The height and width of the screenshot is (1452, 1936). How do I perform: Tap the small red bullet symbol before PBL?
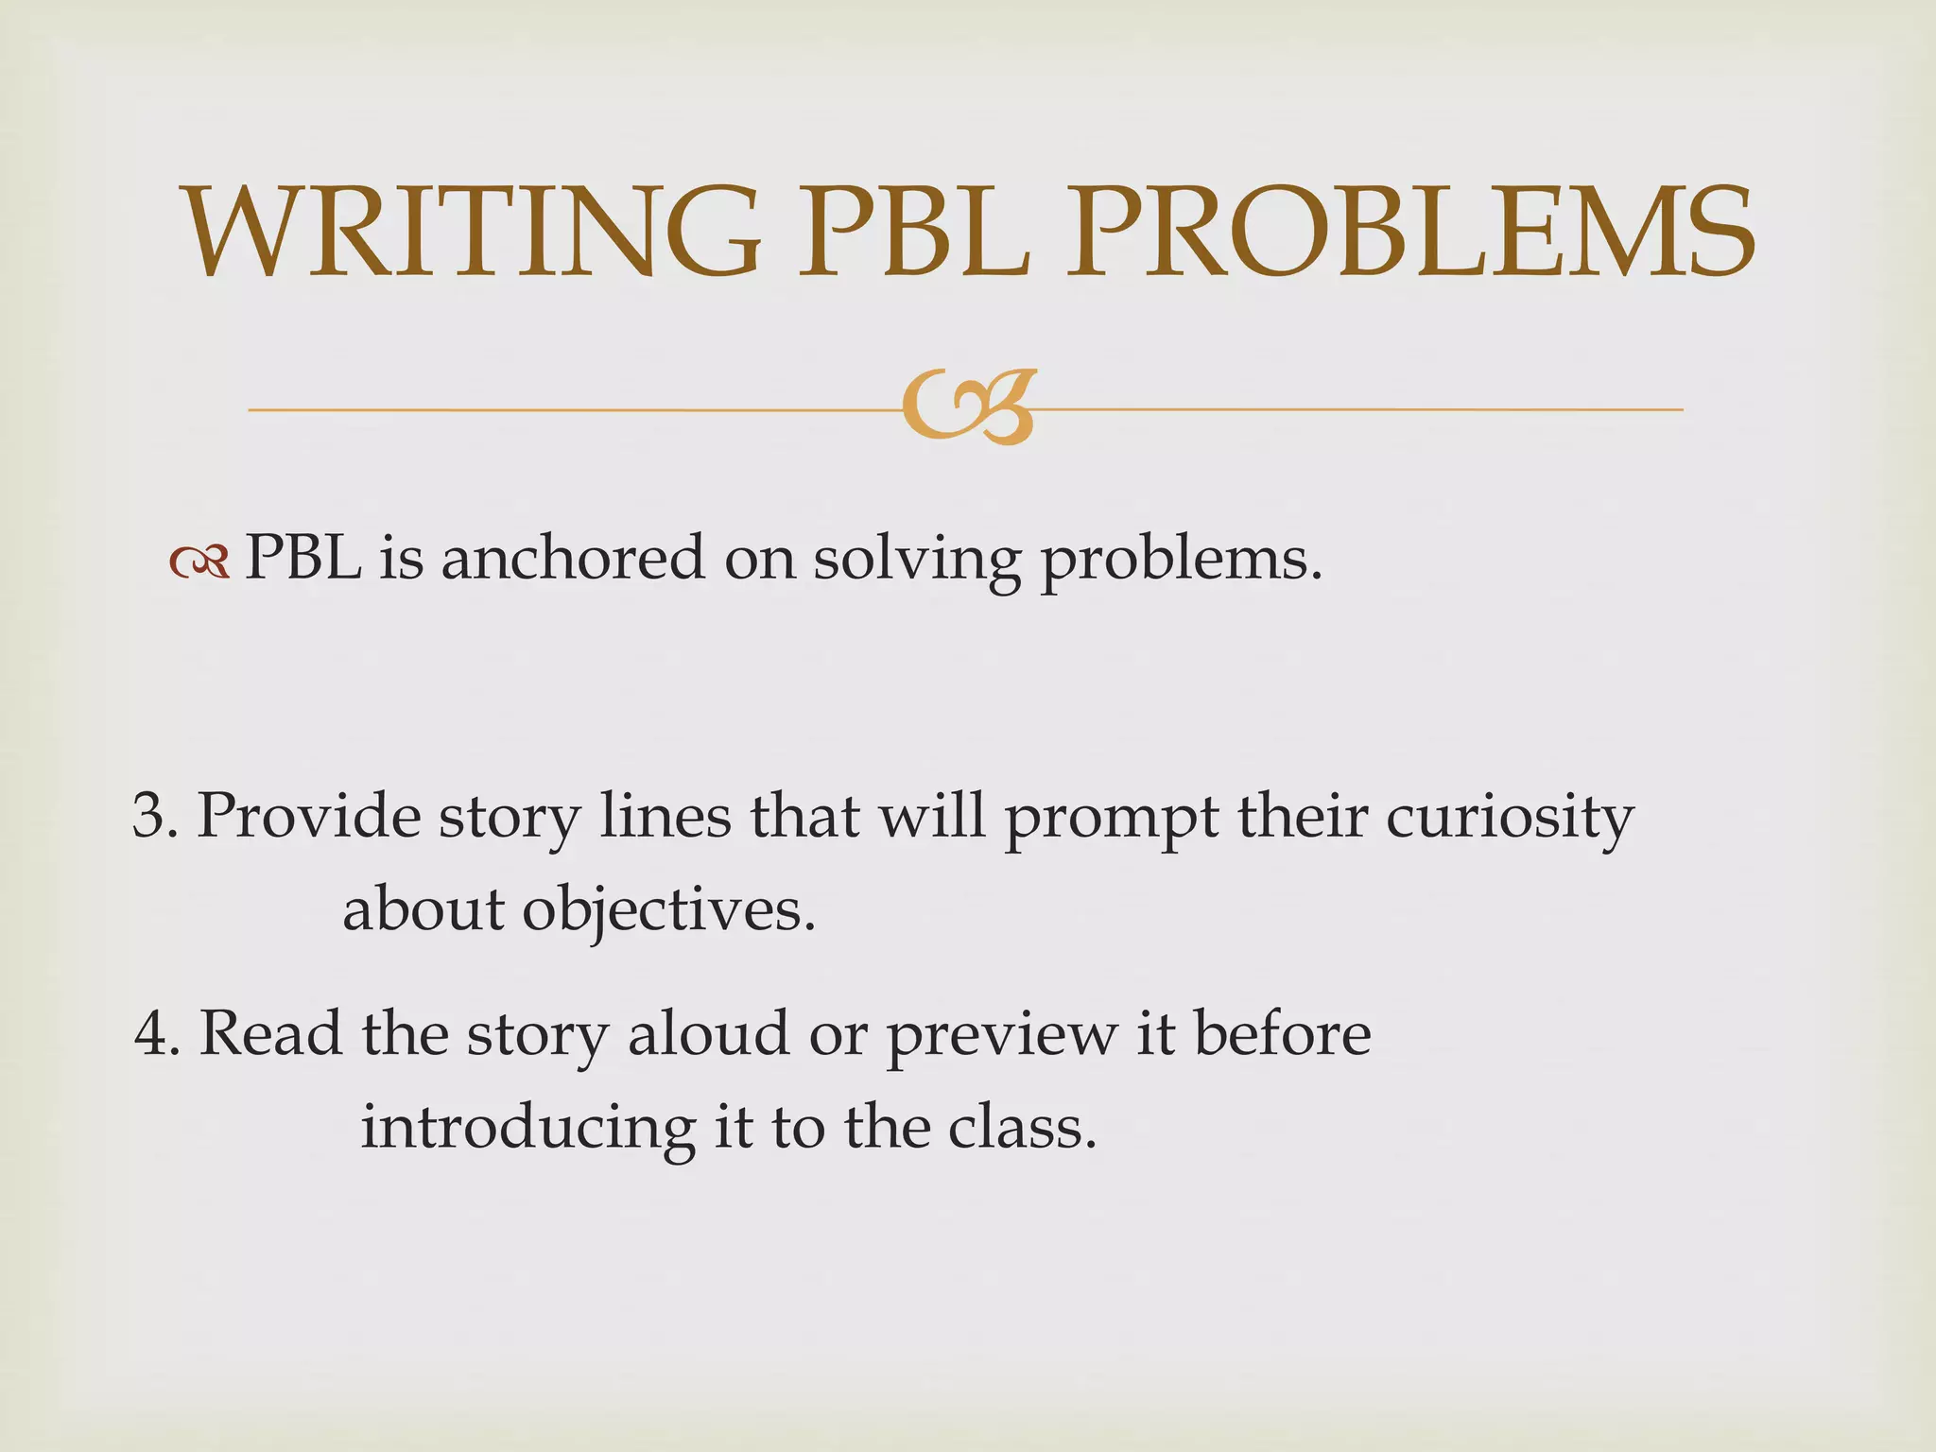199,563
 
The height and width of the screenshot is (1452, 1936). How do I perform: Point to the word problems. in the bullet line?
1181,562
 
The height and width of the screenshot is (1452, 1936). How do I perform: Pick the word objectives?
668,912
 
